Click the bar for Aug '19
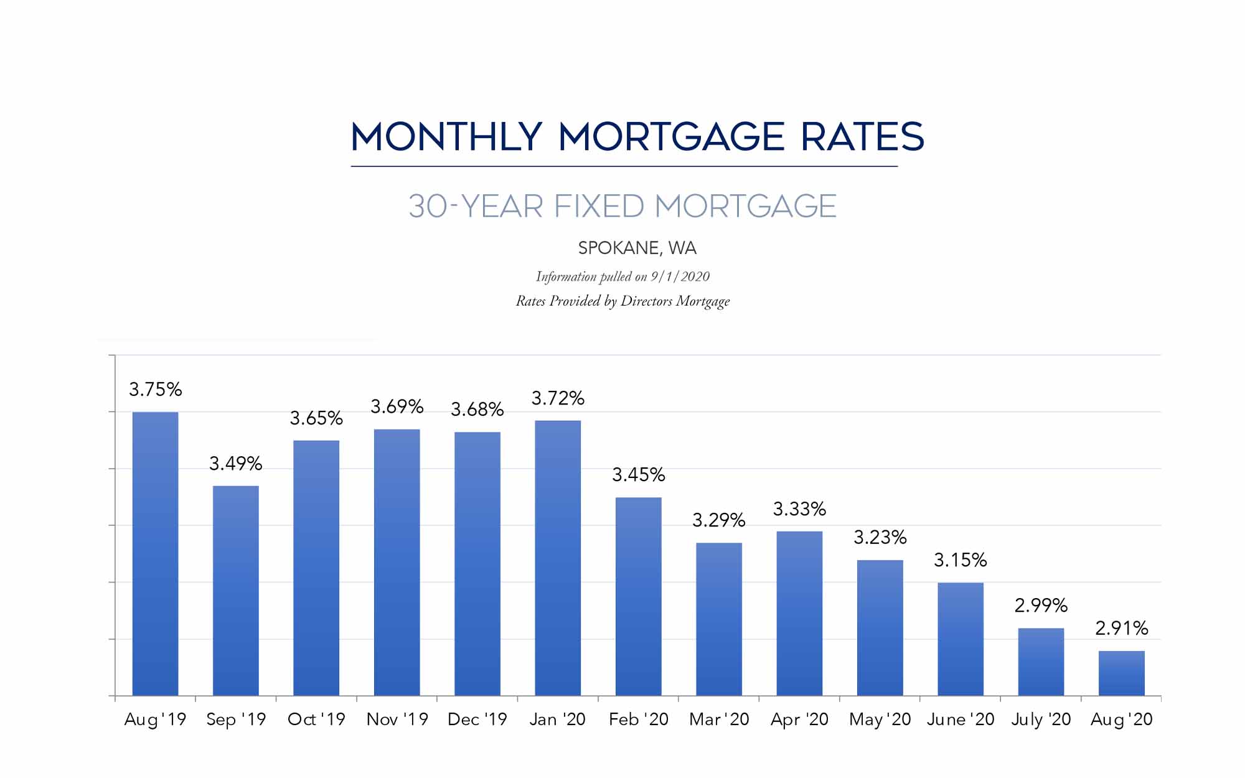point(155,554)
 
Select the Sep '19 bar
point(235,591)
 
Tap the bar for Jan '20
point(558,558)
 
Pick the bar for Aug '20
point(1121,673)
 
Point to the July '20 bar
point(1041,662)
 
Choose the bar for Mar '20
point(718,619)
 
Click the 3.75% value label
point(155,390)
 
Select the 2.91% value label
point(1121,628)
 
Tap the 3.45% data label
point(638,475)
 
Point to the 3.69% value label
point(397,407)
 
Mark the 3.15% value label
point(960,560)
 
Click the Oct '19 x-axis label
point(316,719)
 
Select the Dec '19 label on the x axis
point(477,719)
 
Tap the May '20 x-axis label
point(880,719)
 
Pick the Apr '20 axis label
point(799,719)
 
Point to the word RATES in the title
point(862,137)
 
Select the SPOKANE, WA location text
point(637,248)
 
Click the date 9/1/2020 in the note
point(680,276)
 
